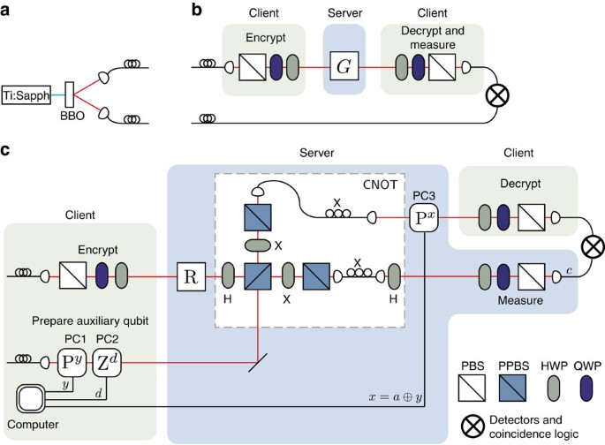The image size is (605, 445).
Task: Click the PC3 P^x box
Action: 425,217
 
